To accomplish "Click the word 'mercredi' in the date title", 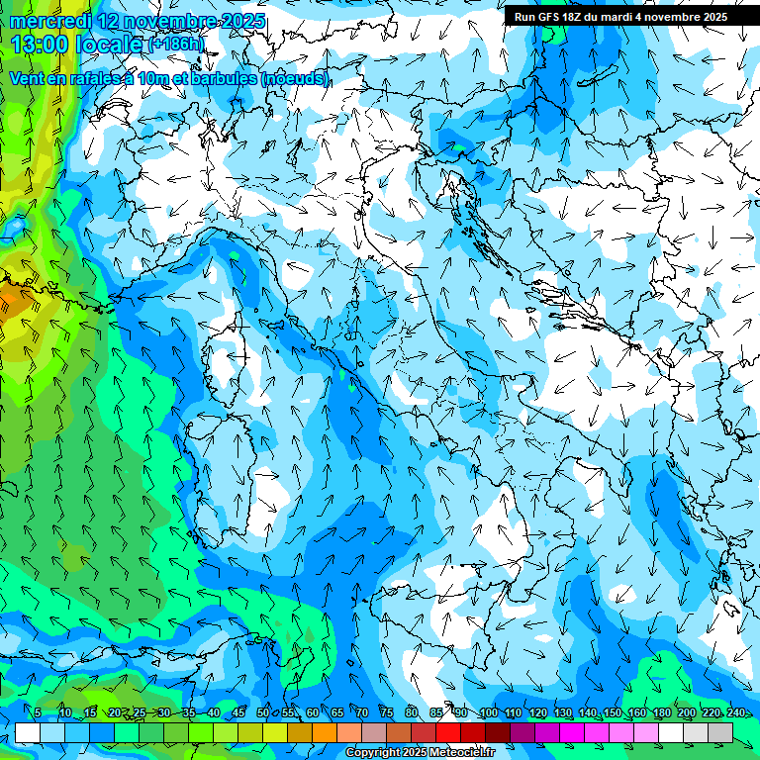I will pyautogui.click(x=45, y=20).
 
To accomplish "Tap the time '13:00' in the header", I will pyautogui.click(x=39, y=45).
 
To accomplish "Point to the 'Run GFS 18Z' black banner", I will pyautogui.click(x=619, y=17).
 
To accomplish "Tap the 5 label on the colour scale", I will pyautogui.click(x=38, y=713).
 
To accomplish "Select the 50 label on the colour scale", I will pyautogui.click(x=262, y=713).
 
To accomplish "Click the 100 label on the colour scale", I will pyautogui.click(x=488, y=713).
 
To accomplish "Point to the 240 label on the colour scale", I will pyautogui.click(x=735, y=713).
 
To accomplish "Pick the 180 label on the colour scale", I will pyautogui.click(x=661, y=713).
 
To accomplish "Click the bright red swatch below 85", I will pyautogui.click(x=448, y=732).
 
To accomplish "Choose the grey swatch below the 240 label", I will pyautogui.click(x=720, y=732).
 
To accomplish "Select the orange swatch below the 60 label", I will pyautogui.click(x=300, y=732).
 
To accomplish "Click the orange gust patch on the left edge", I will pyautogui.click(x=12, y=299).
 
